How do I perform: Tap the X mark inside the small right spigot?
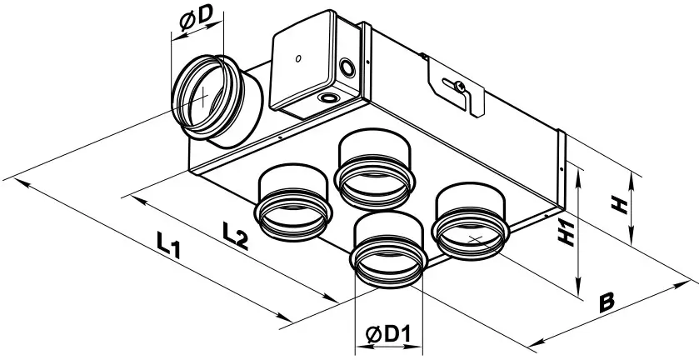click(x=475, y=239)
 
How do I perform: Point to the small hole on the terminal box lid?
click(x=297, y=60)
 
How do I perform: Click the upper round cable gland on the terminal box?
click(x=343, y=65)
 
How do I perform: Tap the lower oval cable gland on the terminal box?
click(x=331, y=99)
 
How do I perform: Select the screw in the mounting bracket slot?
click(x=456, y=86)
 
